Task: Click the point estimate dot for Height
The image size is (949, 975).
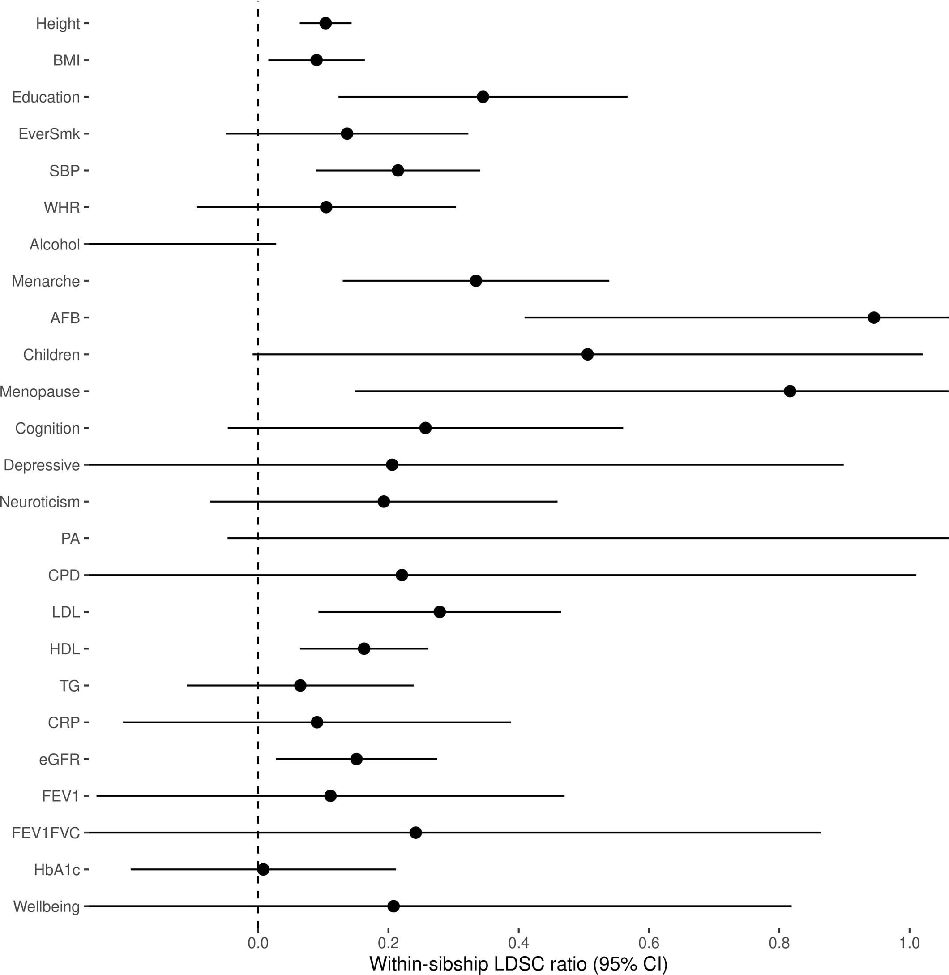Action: pyautogui.click(x=325, y=23)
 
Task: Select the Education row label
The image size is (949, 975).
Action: pyautogui.click(x=46, y=97)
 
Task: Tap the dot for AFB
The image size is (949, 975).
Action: pyautogui.click(x=873, y=318)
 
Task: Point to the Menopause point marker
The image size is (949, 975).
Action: pyautogui.click(x=790, y=391)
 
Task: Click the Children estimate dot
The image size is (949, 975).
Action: pyautogui.click(x=587, y=355)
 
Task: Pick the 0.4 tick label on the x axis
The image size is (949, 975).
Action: pyautogui.click(x=518, y=943)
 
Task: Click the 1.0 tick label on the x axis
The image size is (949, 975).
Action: pyautogui.click(x=909, y=943)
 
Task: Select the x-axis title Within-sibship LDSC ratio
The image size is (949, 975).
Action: pyautogui.click(x=518, y=963)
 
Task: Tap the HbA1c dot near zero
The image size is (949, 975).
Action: pyautogui.click(x=263, y=869)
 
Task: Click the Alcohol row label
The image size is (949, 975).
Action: pyautogui.click(x=54, y=245)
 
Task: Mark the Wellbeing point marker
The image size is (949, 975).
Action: pyautogui.click(x=393, y=906)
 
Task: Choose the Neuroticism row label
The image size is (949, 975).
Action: pyautogui.click(x=40, y=502)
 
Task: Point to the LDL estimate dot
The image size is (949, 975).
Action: pyautogui.click(x=439, y=612)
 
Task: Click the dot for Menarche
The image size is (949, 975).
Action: pyautogui.click(x=475, y=281)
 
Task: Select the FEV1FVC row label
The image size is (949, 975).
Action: pyautogui.click(x=46, y=833)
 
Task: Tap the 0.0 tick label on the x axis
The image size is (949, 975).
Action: pyautogui.click(x=258, y=943)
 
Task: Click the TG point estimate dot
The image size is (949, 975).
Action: pyautogui.click(x=300, y=685)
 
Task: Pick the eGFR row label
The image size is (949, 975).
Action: pyautogui.click(x=59, y=759)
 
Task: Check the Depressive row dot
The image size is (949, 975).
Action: pyautogui.click(x=392, y=465)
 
